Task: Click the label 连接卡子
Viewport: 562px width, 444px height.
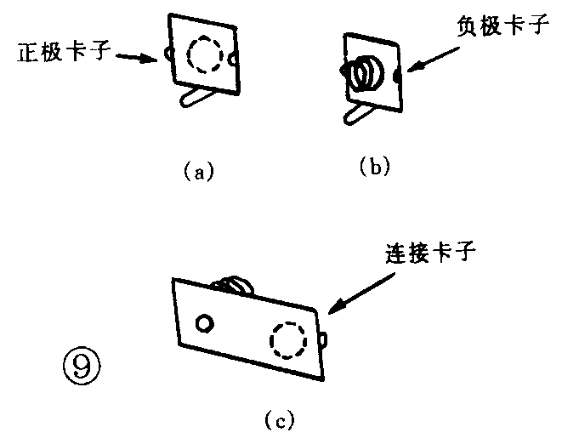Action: pyautogui.click(x=425, y=252)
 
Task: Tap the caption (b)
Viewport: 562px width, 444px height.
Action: pyautogui.click(x=374, y=167)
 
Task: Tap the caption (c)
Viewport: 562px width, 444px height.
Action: pyautogui.click(x=280, y=418)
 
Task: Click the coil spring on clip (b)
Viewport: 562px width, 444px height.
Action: pyautogui.click(x=364, y=74)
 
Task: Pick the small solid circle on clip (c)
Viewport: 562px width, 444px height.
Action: pyautogui.click(x=205, y=323)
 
